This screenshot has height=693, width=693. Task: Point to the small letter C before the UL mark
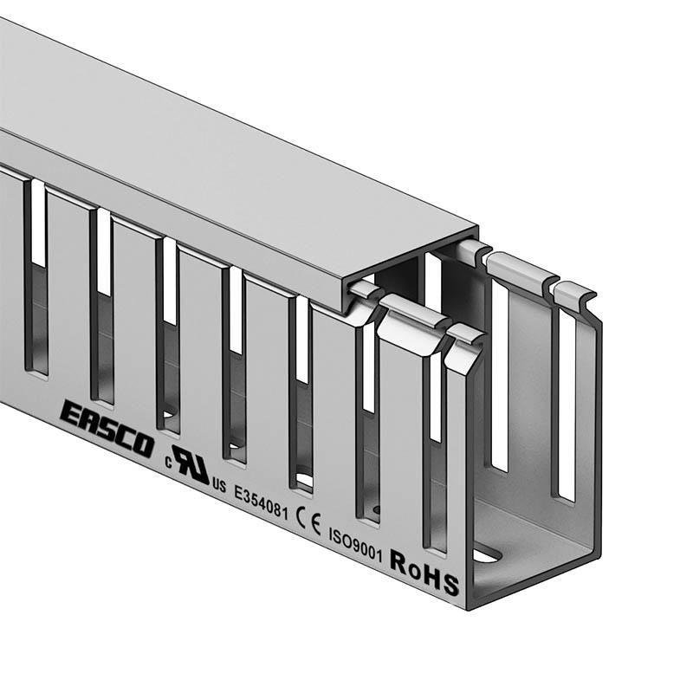click(168, 463)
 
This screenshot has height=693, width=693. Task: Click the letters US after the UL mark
click(219, 486)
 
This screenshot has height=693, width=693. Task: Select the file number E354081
click(262, 502)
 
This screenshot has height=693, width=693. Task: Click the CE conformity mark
click(309, 521)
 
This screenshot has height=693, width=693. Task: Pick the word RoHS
click(424, 572)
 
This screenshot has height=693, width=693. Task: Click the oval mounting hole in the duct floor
click(488, 554)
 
